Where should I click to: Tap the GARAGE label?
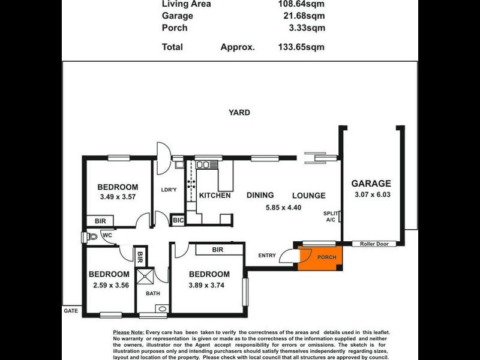[x=371, y=184]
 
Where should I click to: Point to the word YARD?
[x=239, y=112]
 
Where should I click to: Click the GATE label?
[x=71, y=311]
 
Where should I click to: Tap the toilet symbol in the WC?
[x=91, y=237]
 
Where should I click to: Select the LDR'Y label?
[x=169, y=190]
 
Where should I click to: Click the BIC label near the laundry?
[x=178, y=220]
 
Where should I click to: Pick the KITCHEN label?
[x=215, y=195]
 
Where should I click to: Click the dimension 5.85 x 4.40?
[x=283, y=208]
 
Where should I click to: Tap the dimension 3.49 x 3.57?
[x=118, y=197]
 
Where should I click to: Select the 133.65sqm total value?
[x=301, y=46]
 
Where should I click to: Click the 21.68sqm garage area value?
[x=303, y=16]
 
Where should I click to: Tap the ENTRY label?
[x=267, y=256]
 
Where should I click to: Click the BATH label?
[x=153, y=294]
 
